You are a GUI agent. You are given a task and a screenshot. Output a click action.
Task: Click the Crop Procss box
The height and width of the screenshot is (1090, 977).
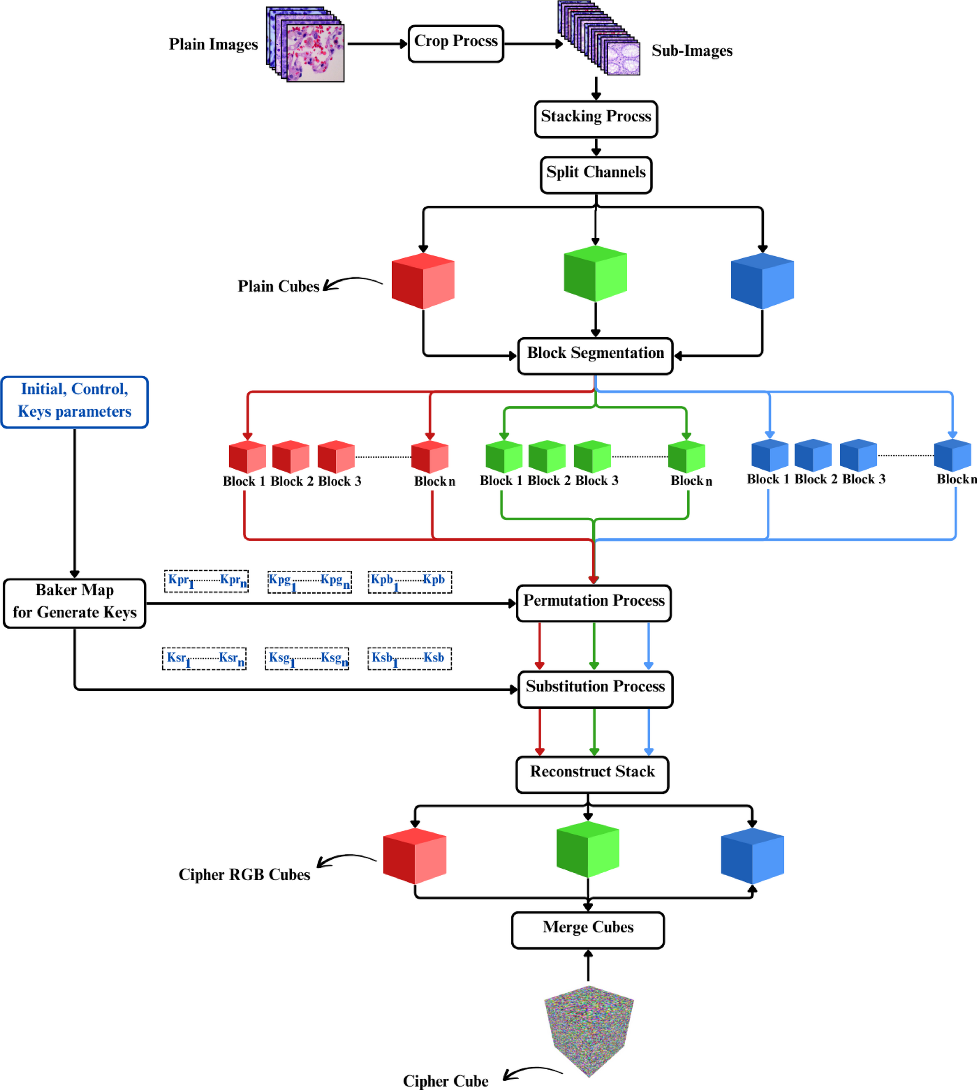(455, 43)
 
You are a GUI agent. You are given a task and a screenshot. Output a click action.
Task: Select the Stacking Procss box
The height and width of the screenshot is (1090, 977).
(596, 119)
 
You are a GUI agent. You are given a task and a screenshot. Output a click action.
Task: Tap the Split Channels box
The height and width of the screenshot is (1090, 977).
(596, 175)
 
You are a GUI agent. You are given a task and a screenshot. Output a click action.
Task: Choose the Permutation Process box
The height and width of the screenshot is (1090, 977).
(593, 603)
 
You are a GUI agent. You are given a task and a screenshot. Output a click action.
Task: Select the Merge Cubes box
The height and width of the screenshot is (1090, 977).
(587, 930)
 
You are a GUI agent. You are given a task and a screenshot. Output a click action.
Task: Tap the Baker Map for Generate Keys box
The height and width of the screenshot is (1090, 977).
(74, 603)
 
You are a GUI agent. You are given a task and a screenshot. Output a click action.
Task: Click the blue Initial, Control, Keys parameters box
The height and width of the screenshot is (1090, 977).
(74, 402)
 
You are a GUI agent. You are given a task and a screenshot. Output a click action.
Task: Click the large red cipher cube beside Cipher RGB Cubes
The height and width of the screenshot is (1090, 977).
(415, 856)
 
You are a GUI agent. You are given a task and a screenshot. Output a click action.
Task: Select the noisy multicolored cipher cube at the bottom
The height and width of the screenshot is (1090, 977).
(588, 1030)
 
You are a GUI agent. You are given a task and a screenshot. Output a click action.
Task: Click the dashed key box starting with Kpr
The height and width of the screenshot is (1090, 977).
(206, 581)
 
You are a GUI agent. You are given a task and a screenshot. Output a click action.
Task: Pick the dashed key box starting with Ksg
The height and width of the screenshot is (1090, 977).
(307, 658)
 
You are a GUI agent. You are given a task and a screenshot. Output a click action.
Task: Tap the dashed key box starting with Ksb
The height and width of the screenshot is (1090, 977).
(409, 658)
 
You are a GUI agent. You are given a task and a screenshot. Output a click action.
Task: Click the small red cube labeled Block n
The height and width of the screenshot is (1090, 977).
(430, 457)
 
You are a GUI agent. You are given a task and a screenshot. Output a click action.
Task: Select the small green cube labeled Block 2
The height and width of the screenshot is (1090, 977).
(546, 457)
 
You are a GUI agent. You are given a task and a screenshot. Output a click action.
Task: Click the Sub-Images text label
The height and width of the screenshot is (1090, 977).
(691, 51)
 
